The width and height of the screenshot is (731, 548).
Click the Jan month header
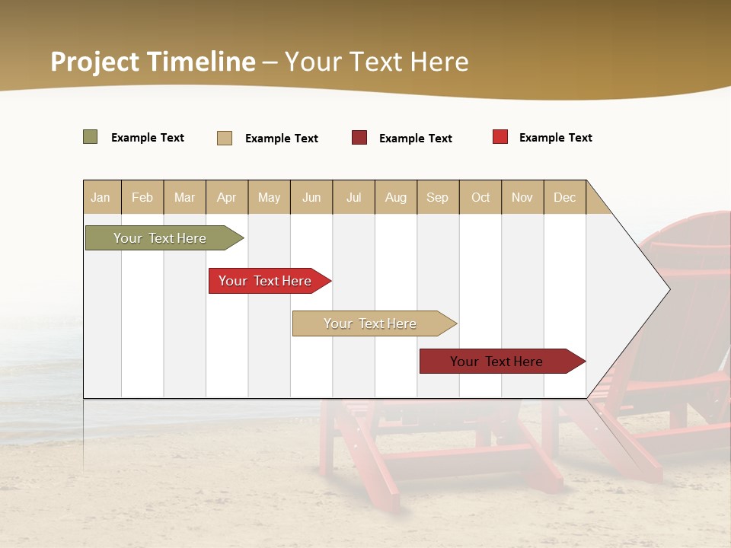click(101, 198)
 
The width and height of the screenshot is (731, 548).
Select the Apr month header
click(227, 198)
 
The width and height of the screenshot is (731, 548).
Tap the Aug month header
click(396, 198)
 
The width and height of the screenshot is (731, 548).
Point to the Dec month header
click(564, 198)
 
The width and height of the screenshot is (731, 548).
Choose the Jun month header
click(311, 198)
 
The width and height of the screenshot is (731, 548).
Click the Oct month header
click(480, 198)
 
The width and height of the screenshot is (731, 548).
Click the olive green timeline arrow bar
click(160, 238)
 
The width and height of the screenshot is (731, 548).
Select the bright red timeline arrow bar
click(265, 281)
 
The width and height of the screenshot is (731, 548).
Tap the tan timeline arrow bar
click(370, 323)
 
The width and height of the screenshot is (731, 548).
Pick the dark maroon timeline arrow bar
click(496, 362)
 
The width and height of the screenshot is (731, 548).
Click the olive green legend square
click(91, 137)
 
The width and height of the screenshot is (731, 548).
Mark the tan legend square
click(225, 138)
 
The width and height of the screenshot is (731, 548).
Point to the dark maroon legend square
click(359, 138)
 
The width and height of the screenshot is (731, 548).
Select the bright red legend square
click(500, 137)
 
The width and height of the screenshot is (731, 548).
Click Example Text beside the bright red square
click(555, 138)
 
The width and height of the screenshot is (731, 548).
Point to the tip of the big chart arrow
click(668, 289)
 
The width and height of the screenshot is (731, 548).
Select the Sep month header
click(437, 198)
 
